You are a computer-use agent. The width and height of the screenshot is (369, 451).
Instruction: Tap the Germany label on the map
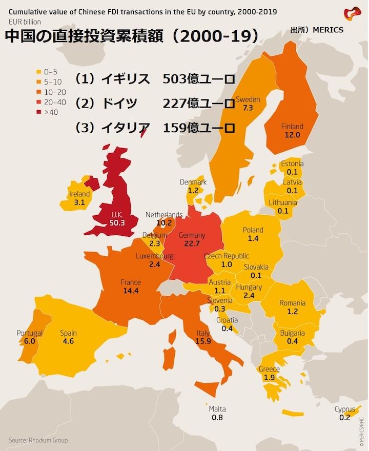click(192, 235)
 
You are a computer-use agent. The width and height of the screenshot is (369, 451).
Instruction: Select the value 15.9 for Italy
click(203, 341)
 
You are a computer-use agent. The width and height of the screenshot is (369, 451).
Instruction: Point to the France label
click(131, 282)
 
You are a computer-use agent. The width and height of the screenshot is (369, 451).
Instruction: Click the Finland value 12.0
click(292, 135)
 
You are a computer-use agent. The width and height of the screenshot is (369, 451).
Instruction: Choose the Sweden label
click(248, 99)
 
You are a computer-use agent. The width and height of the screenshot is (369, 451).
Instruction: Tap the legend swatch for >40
click(38, 112)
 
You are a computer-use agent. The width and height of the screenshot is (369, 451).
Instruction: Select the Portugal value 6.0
click(30, 341)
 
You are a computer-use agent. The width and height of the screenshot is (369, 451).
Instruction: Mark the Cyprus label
click(344, 409)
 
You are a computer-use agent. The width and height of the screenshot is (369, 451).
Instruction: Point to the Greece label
click(269, 369)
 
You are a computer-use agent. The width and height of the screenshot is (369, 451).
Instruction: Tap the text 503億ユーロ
click(198, 79)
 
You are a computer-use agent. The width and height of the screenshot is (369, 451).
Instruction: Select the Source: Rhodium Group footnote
click(38, 440)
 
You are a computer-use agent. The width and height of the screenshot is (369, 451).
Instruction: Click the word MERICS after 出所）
click(325, 30)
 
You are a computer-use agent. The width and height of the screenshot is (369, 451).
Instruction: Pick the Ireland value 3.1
click(79, 202)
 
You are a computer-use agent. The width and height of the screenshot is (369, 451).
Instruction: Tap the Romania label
click(292, 303)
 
